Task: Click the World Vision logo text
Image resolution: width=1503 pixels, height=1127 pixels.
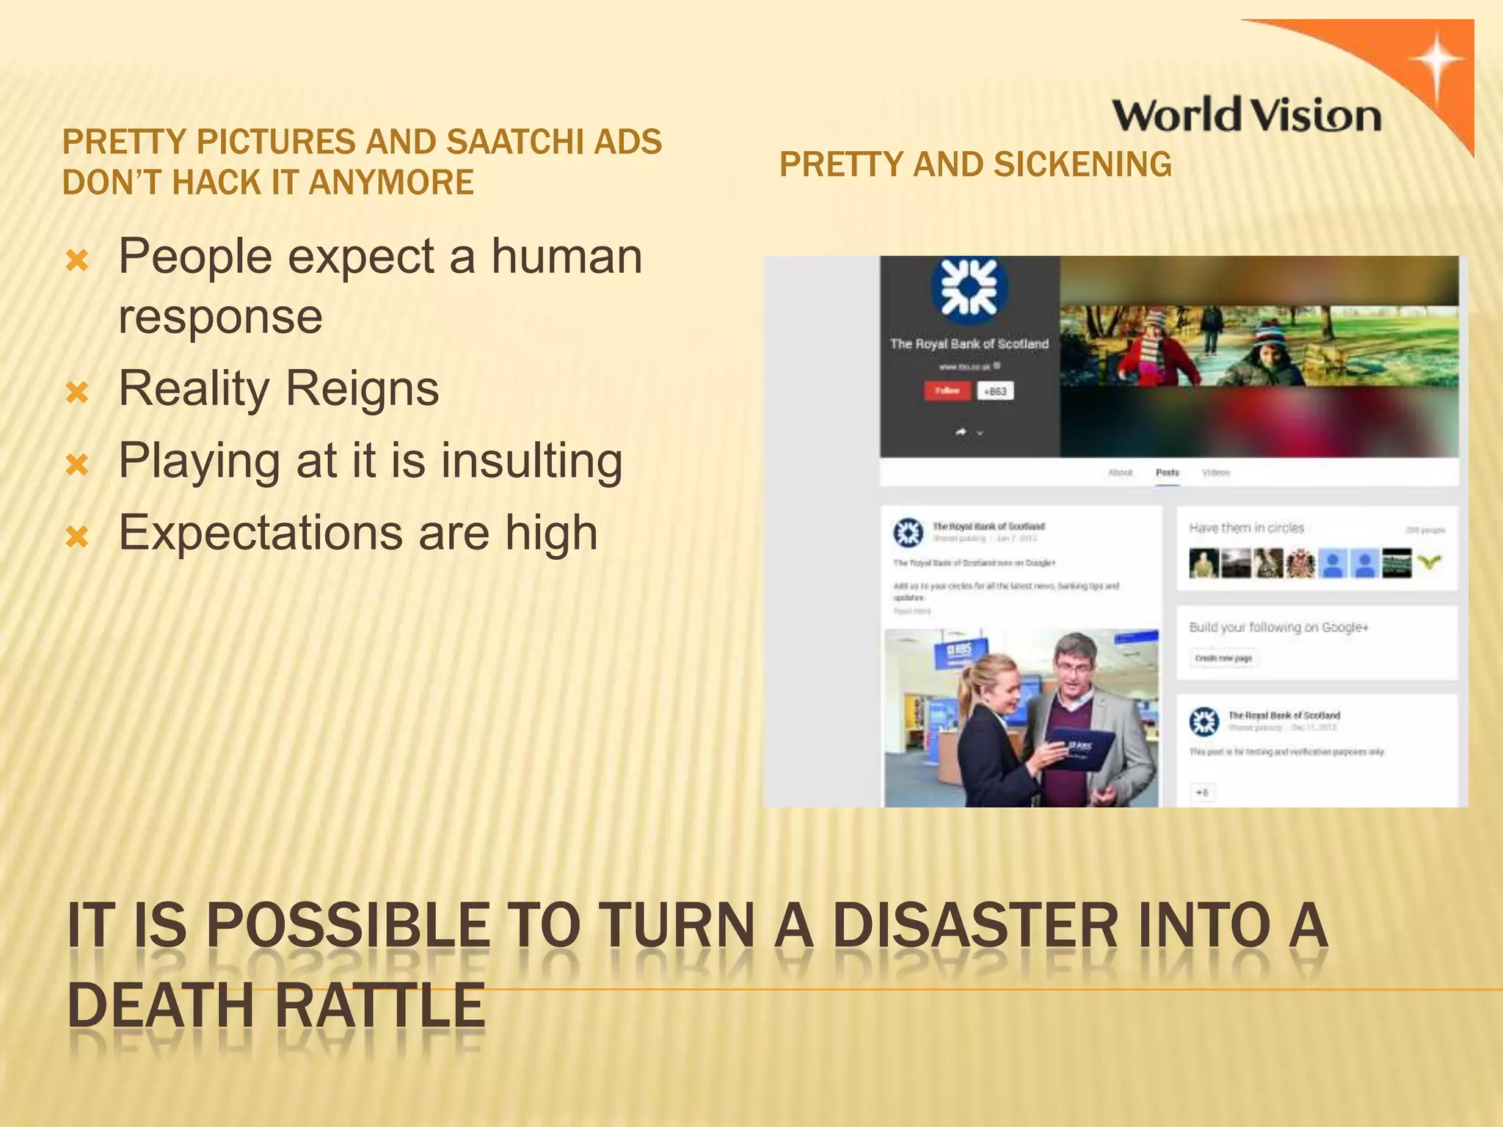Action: (x=1246, y=116)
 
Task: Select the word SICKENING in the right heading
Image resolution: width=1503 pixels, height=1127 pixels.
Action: (x=1082, y=164)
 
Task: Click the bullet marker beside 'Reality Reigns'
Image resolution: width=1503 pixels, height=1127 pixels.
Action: (x=77, y=393)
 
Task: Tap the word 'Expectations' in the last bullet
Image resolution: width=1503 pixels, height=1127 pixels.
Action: (x=261, y=533)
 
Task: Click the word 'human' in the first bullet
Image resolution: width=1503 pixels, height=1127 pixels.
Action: (x=567, y=256)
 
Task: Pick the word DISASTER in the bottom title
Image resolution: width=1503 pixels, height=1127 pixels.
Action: (x=976, y=926)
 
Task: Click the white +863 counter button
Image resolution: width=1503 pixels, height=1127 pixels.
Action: (x=994, y=391)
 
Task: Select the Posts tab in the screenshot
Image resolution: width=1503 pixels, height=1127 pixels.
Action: (x=1167, y=473)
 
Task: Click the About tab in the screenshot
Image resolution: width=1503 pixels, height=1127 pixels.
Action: (x=1120, y=473)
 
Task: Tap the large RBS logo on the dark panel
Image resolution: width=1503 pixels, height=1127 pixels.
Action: (x=969, y=288)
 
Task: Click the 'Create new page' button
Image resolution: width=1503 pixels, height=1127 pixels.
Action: (x=1223, y=658)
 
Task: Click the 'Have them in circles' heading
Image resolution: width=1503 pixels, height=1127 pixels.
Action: (x=1246, y=528)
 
